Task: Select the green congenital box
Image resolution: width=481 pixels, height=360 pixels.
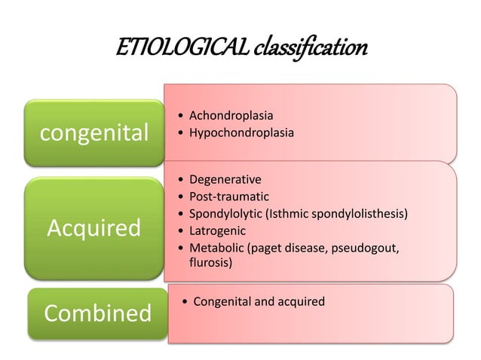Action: point(94,133)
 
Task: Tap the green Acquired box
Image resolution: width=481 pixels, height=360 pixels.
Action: point(94,227)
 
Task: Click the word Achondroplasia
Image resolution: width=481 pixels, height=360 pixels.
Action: point(231,116)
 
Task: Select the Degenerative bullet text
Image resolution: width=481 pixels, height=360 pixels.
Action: point(225,180)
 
